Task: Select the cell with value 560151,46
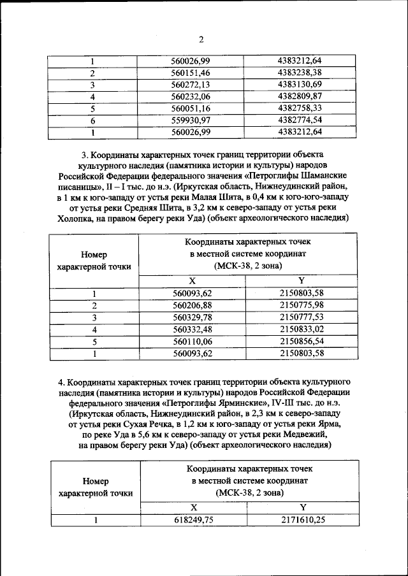click(191, 73)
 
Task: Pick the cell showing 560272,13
click(191, 85)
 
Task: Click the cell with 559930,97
click(191, 120)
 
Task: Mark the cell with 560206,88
click(191, 305)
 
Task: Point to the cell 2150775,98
click(302, 305)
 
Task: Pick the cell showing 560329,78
click(191, 317)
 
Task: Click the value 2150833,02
click(302, 329)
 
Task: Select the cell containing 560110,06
click(191, 341)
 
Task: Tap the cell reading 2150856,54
click(302, 341)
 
